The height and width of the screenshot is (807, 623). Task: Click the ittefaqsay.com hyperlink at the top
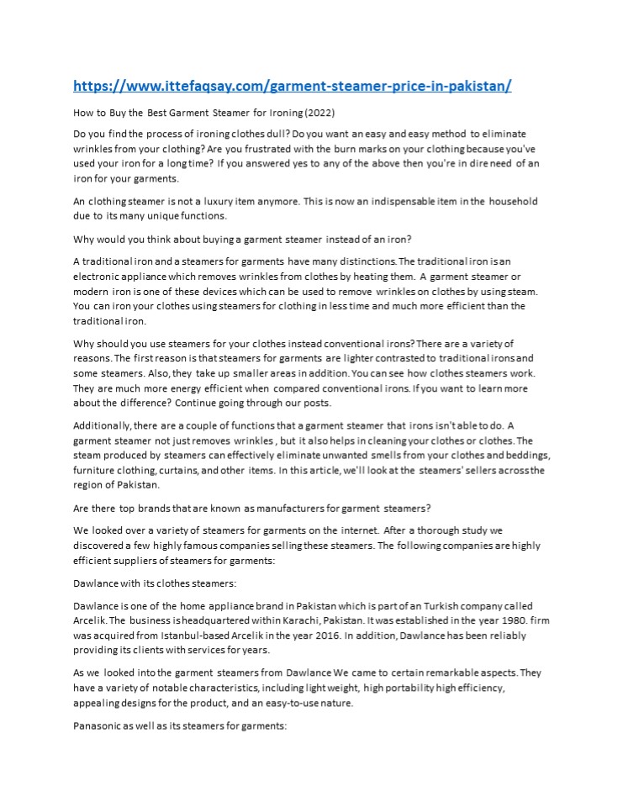coord(292,86)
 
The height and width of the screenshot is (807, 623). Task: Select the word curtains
coord(241,470)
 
